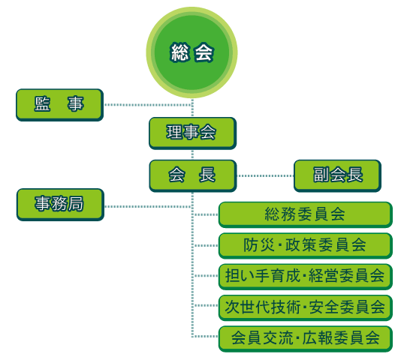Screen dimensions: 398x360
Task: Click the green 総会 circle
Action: (192, 52)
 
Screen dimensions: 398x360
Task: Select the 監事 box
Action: (59, 105)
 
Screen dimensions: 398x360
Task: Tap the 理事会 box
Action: (193, 133)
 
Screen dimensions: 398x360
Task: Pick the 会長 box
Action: (193, 175)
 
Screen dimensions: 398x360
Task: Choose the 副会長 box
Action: (338, 175)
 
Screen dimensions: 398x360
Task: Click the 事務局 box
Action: (60, 205)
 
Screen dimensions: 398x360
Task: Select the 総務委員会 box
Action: (306, 214)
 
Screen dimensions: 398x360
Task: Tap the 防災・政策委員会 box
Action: (306, 246)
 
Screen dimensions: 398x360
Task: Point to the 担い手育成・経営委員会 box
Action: (306, 277)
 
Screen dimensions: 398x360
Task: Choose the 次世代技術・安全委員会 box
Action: (306, 307)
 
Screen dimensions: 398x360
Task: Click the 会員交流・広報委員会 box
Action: (306, 339)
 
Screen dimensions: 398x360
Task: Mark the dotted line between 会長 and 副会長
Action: (265, 175)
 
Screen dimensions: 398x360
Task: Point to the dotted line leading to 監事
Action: (148, 105)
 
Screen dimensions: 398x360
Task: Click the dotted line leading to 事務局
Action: (148, 207)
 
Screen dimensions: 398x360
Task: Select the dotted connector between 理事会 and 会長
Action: (193, 154)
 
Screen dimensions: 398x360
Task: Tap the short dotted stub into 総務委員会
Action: (205, 214)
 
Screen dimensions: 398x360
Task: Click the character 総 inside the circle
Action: (179, 52)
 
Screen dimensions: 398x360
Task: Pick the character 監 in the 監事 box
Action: (42, 104)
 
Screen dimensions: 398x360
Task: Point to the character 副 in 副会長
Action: (321, 175)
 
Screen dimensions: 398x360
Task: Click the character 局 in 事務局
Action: (76, 203)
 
